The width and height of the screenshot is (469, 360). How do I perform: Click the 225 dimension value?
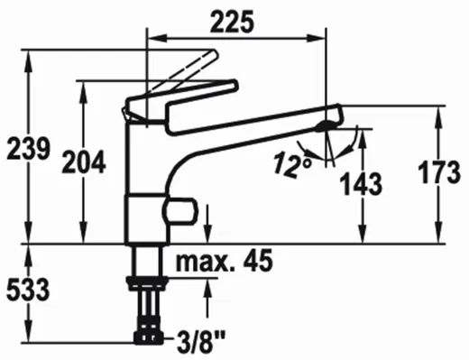click(232, 22)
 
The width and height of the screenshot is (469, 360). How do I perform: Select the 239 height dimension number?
click(28, 148)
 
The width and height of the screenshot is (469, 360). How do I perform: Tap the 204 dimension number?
click(84, 162)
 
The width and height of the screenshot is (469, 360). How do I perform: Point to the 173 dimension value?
click(439, 172)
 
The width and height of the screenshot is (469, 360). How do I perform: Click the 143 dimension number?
click(361, 184)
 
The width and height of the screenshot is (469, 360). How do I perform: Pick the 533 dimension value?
click(28, 290)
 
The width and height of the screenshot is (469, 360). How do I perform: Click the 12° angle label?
click(292, 164)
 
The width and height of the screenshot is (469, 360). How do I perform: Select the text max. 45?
click(225, 261)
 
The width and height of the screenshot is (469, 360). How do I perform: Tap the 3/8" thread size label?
click(201, 342)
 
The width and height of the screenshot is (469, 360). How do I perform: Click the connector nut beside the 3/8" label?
click(148, 337)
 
